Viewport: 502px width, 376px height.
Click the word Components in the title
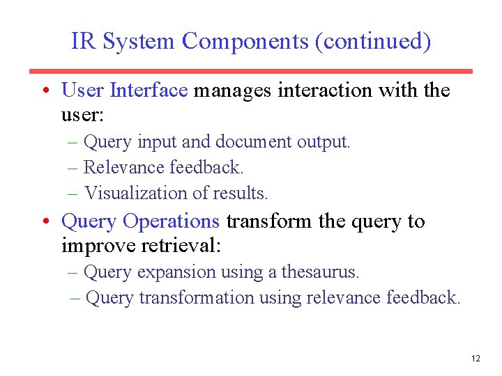point(245,42)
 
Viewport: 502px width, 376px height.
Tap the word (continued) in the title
point(373,42)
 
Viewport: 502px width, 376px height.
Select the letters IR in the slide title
point(84,42)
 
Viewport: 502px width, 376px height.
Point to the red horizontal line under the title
point(251,71)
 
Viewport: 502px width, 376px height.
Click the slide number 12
point(476,359)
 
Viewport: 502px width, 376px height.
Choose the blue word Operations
point(171,221)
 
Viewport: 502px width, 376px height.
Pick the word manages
point(233,91)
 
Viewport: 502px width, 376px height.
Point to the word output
point(323,142)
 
